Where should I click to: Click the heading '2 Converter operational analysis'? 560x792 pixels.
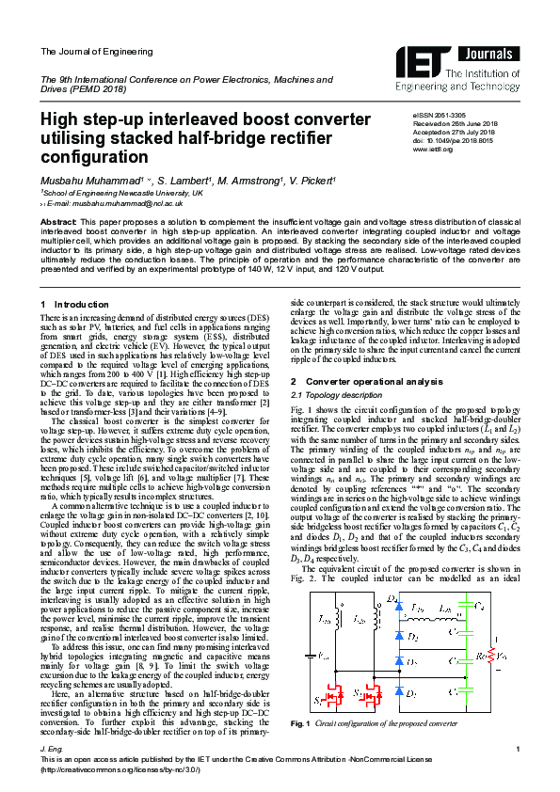click(366, 382)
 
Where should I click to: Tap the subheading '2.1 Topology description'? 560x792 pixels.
click(329, 397)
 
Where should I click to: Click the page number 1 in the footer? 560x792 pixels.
click(519, 772)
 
